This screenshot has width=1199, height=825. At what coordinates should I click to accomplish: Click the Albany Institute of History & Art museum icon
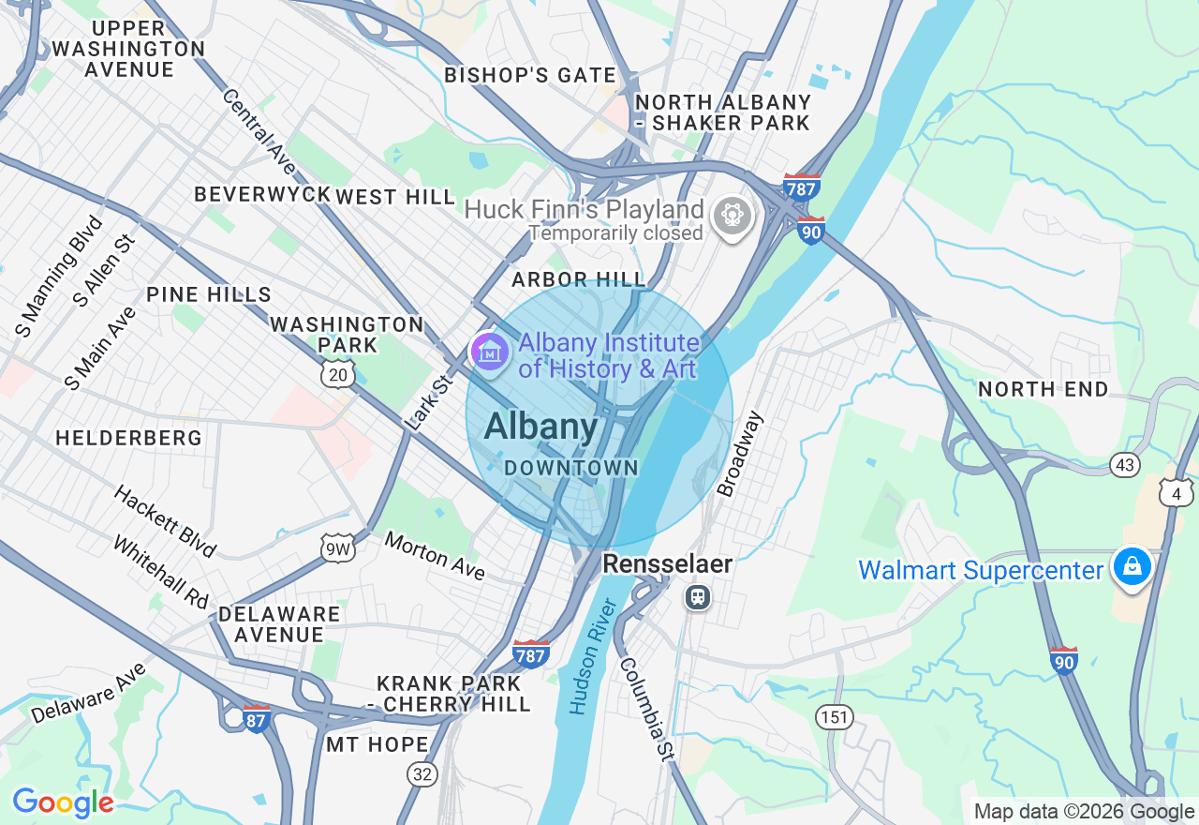coord(489,352)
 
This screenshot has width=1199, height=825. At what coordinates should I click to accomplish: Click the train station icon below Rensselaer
coord(697,596)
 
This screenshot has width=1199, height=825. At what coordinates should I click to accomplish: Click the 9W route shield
coord(336,549)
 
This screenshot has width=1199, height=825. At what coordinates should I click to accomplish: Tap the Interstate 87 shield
coord(256,718)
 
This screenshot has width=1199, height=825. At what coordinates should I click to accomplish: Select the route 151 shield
coord(834,717)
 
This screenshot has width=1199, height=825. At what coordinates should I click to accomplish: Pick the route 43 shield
coord(1125,464)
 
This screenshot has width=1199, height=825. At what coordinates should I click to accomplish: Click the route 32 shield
coord(422,773)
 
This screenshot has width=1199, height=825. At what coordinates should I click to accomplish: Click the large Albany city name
coord(540,427)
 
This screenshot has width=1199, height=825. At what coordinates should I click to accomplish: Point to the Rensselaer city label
coord(667,563)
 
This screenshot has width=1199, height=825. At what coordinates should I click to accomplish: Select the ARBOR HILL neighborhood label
coord(578,279)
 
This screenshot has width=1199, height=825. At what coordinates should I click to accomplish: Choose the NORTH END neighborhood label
coord(1043,389)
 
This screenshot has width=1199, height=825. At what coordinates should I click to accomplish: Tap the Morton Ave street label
coord(435,556)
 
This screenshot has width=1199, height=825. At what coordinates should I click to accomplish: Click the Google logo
coord(63,802)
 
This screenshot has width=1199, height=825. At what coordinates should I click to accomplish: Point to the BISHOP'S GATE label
coord(529,75)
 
